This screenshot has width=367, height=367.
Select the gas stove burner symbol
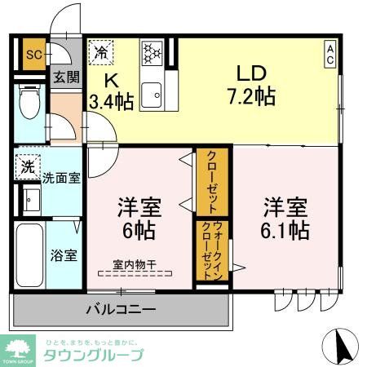(152, 53)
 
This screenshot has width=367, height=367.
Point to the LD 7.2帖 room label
(250, 82)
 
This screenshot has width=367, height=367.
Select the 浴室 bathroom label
(65, 254)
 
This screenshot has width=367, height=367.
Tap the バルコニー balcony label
(121, 311)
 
